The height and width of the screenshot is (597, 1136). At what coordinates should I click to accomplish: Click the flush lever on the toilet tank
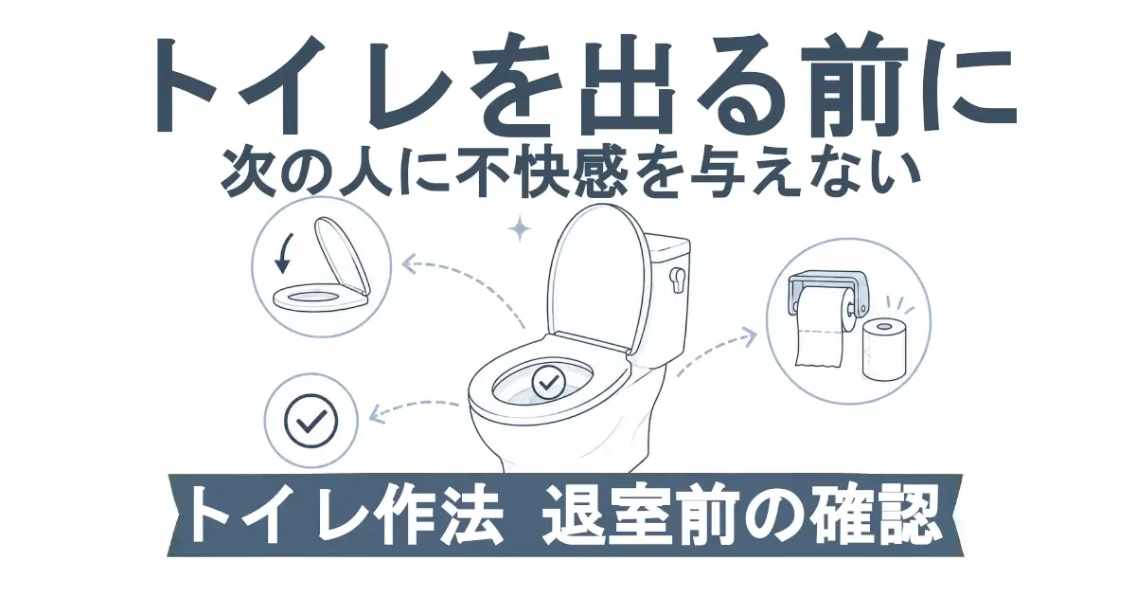(x=677, y=280)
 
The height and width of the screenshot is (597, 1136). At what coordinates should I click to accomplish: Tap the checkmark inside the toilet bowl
(x=549, y=382)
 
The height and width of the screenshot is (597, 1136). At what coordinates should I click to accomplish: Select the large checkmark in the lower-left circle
(x=311, y=421)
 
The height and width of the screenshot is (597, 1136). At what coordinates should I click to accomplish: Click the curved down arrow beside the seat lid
(x=282, y=253)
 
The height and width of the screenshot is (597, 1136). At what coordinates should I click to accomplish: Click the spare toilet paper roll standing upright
(x=884, y=351)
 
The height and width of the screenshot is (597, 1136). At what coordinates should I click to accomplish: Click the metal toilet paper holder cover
(x=826, y=289)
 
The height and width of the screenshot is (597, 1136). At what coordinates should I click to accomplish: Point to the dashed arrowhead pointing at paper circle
(x=749, y=336)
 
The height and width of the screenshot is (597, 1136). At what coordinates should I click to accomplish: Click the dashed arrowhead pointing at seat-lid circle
(x=410, y=263)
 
